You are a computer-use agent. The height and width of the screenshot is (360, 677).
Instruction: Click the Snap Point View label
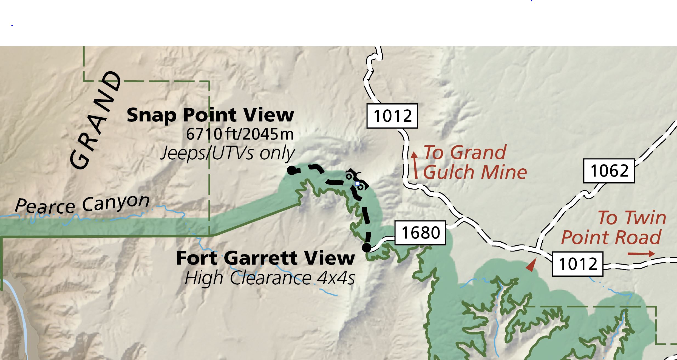click(x=210, y=115)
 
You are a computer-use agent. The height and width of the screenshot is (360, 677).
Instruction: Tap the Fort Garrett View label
click(x=265, y=258)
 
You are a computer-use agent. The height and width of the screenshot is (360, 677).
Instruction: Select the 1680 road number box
click(x=420, y=233)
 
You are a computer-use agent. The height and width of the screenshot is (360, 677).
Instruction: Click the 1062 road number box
click(x=609, y=171)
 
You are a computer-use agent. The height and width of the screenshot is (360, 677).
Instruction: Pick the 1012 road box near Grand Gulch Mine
click(x=392, y=116)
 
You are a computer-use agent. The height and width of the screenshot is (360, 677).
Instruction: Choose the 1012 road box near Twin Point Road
click(x=577, y=264)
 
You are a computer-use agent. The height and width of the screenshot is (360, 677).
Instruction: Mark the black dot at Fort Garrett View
click(x=367, y=248)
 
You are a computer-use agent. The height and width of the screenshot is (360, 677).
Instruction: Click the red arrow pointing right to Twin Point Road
click(x=641, y=254)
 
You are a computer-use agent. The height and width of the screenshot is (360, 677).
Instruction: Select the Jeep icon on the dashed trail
click(x=355, y=180)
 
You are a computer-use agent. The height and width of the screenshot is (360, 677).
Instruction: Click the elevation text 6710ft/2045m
click(x=240, y=134)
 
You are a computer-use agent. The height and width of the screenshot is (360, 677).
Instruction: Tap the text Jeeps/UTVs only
click(x=227, y=153)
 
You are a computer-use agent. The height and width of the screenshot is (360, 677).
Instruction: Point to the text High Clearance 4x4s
click(x=270, y=278)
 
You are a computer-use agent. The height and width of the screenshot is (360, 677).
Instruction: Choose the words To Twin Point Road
click(x=613, y=227)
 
